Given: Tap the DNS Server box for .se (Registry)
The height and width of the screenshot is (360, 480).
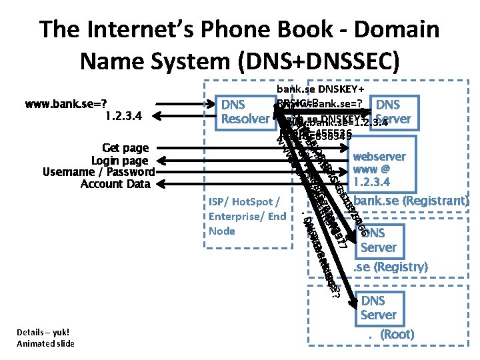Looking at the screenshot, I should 378,240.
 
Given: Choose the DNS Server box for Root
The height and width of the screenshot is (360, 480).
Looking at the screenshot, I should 378,308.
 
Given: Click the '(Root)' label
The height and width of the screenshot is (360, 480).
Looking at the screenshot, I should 397,335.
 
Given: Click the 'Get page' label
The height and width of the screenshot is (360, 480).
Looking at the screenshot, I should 125,147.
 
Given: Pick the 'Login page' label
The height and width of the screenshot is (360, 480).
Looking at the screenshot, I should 120,160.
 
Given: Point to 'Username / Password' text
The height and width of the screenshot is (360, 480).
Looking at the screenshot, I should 98,172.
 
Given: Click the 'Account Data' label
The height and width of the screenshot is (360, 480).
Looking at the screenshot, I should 115,184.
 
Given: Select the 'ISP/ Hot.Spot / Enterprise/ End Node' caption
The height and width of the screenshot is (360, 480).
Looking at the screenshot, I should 247,215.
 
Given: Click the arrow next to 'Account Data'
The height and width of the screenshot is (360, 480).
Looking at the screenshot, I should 253,184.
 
